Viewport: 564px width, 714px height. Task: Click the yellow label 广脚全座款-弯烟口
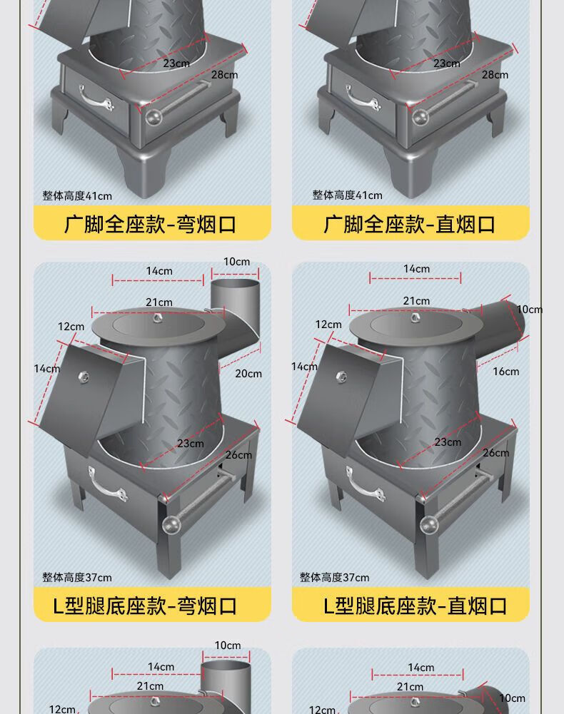[x=151, y=224]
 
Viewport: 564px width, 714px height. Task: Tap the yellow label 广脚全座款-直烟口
[x=410, y=224]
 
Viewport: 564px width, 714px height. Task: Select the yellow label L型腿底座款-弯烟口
[x=151, y=606]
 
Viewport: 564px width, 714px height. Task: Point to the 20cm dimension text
[x=248, y=373]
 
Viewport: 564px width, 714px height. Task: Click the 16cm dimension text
[x=505, y=371]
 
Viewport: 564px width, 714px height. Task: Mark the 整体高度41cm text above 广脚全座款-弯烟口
[x=77, y=195]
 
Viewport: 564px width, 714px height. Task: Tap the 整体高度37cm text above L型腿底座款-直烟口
[x=334, y=577]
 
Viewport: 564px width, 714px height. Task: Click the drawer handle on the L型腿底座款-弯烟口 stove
[x=107, y=484]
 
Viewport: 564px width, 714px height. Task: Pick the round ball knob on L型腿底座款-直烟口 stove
[x=427, y=524]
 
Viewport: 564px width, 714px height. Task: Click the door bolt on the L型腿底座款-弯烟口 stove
[x=81, y=376]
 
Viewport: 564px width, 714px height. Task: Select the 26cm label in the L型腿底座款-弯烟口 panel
[x=238, y=455]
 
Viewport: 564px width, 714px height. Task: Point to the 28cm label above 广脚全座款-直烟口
[x=495, y=75]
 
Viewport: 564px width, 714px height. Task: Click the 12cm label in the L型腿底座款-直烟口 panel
[x=328, y=325]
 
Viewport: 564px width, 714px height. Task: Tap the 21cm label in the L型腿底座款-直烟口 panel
[x=416, y=301]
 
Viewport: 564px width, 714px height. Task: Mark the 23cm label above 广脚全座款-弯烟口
[x=176, y=63]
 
